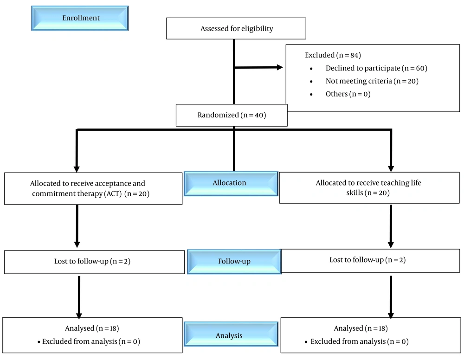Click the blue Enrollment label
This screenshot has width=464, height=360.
point(80,18)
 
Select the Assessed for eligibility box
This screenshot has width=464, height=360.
point(236,29)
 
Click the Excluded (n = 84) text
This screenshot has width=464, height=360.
point(332,55)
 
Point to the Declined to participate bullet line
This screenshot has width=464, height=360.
point(376,68)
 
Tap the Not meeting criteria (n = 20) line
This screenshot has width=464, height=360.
point(372,81)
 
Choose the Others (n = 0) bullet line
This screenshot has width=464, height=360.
point(348,94)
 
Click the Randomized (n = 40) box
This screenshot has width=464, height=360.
point(232,115)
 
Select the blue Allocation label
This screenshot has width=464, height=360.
point(230,183)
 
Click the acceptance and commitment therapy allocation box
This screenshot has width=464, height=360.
point(93,188)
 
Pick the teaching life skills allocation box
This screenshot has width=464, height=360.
point(369,188)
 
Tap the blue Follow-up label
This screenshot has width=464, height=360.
point(234,261)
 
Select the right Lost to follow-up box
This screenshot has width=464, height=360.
point(370,260)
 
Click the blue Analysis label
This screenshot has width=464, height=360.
point(229,335)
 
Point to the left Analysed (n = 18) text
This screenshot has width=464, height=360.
point(92,328)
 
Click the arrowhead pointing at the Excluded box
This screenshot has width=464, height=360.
point(279,67)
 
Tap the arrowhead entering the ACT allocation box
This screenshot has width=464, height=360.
point(77,169)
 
